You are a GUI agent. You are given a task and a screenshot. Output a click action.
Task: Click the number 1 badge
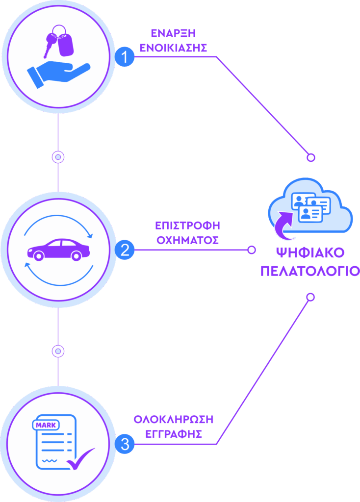coord(125,57)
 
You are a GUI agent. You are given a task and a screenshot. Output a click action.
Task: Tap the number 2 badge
coord(125,250)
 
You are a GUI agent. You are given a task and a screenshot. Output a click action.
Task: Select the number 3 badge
coord(125,444)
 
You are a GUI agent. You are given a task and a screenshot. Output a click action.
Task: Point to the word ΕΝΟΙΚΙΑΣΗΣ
coord(173,48)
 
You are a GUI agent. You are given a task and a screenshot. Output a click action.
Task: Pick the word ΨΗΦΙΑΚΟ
coord(310,253)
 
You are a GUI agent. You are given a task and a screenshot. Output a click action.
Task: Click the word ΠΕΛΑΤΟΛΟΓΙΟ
coord(310,271)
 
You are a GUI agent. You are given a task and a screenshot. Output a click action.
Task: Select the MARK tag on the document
coord(46,425)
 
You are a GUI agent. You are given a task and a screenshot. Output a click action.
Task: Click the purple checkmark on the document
coord(80,460)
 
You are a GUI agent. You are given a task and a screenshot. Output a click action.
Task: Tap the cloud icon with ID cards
coord(310,206)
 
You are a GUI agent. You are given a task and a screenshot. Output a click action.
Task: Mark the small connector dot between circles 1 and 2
coord(58,157)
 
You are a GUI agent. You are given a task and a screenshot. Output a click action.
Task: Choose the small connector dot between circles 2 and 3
coord(58,351)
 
